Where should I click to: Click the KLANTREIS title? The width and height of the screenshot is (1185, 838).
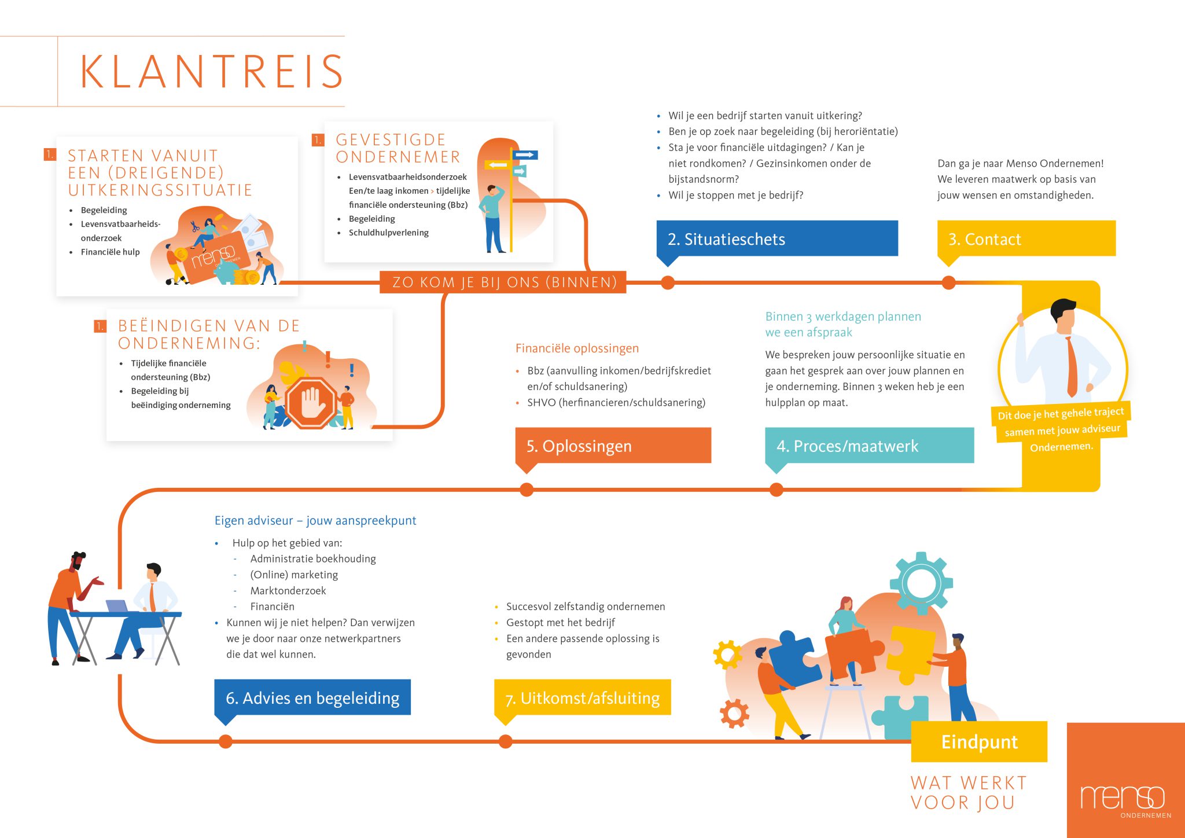click(212, 72)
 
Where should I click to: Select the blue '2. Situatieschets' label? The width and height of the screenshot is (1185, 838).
click(776, 238)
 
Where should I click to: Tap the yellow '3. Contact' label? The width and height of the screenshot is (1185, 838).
click(1026, 238)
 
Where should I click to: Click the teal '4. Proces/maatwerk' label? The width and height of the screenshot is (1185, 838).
click(869, 446)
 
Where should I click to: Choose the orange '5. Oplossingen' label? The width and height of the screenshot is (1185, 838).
click(613, 446)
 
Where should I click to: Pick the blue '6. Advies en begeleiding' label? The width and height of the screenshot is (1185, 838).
click(312, 697)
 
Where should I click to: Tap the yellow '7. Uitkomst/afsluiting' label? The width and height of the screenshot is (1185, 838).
click(582, 697)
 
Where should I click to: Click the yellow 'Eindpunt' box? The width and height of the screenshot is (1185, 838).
click(979, 741)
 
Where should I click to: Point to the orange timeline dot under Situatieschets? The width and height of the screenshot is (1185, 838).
click(668, 282)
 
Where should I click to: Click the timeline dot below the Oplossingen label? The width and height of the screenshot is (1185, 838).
click(527, 490)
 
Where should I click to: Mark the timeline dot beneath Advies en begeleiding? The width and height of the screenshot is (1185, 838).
click(226, 741)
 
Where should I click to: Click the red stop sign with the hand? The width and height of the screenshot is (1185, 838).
click(311, 403)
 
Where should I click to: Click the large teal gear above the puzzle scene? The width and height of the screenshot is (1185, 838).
click(921, 582)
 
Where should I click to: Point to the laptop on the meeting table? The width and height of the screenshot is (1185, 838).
click(118, 605)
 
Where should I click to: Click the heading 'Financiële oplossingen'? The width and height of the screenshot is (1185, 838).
click(577, 348)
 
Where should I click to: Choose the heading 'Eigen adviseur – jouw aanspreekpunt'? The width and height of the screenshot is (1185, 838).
click(315, 520)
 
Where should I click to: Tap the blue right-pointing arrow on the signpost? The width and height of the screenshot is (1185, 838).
click(525, 155)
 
